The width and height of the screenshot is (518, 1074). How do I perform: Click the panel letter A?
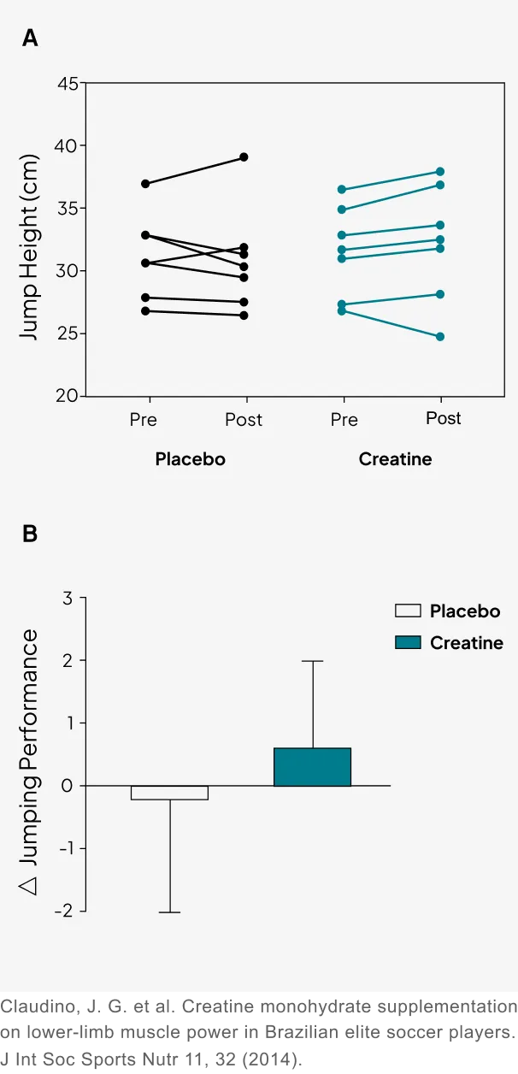[30, 38]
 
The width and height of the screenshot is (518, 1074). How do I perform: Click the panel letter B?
[30, 534]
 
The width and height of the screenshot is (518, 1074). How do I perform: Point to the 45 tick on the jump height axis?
[68, 84]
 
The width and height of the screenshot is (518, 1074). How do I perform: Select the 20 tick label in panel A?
[68, 397]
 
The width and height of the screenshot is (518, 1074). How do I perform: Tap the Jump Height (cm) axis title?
[30, 247]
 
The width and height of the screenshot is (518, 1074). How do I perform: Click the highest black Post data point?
[244, 157]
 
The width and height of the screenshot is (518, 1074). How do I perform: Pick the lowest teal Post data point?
[440, 337]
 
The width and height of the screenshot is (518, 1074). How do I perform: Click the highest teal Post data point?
[440, 172]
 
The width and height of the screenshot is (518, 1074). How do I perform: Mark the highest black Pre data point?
[145, 184]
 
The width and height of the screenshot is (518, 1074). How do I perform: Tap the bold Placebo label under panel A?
[190, 459]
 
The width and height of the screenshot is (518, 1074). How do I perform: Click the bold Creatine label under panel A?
[395, 459]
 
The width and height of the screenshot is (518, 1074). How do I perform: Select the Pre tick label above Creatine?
[344, 420]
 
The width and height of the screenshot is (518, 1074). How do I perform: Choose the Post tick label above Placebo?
[244, 420]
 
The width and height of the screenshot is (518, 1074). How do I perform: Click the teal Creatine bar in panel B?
[312, 767]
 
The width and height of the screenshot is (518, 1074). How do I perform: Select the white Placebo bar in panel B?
[169, 793]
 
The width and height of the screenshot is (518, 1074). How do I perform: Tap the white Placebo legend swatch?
[408, 611]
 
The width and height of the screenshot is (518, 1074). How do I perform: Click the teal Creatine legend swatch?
[408, 642]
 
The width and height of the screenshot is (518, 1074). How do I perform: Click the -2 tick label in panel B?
[63, 912]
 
